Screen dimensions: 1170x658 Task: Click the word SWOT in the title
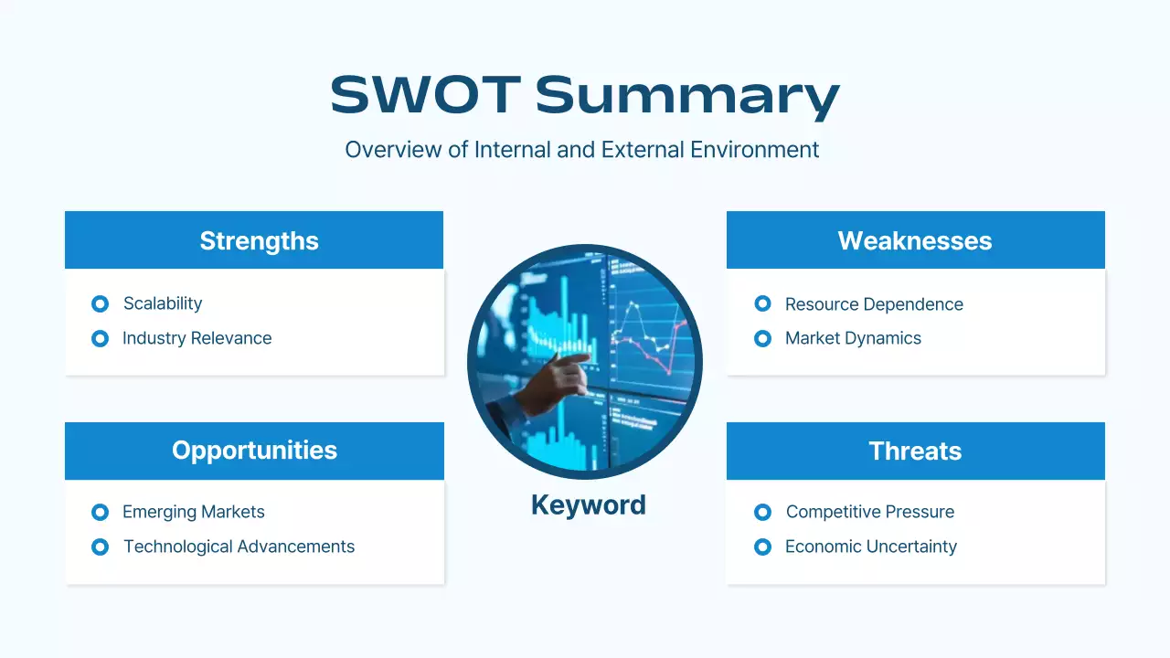tap(426, 94)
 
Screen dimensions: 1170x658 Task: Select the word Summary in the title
tap(687, 98)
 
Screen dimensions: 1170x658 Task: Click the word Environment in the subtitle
tap(754, 150)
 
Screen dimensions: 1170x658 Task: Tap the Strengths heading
tap(259, 241)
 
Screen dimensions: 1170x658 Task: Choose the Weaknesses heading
tap(915, 240)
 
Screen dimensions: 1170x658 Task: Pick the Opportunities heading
tap(254, 451)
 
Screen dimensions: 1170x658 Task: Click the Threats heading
tap(915, 451)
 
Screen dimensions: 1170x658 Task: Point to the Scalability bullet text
tap(163, 304)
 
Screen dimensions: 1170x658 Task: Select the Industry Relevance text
tap(197, 338)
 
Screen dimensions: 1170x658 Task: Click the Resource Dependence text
tap(874, 304)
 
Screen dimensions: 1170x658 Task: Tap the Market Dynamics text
tap(853, 338)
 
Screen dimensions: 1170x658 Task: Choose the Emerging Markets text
tap(193, 513)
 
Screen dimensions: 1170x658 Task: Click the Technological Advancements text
tap(239, 547)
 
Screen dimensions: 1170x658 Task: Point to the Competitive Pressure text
tap(869, 512)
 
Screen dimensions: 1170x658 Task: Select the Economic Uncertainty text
tap(871, 547)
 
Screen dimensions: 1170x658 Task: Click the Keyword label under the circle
tap(589, 505)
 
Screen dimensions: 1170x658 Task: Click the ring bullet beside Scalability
tap(100, 304)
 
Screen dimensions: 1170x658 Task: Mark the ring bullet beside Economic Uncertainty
tap(762, 547)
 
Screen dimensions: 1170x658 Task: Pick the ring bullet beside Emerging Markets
tap(100, 513)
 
